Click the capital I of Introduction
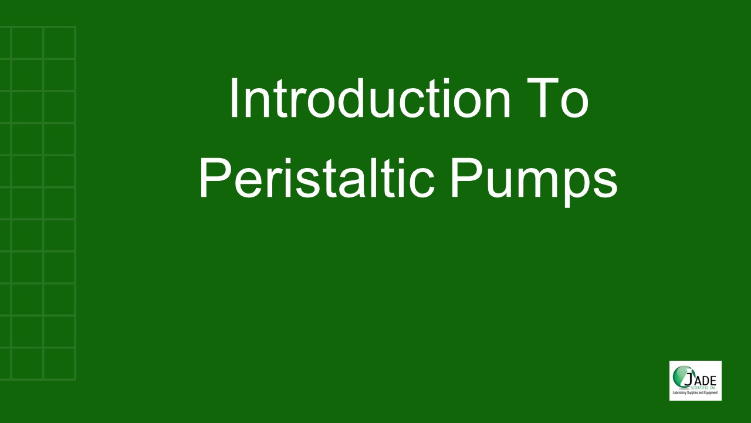tap(233, 98)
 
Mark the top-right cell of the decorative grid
tap(59, 43)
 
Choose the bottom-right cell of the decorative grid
tap(59, 364)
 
